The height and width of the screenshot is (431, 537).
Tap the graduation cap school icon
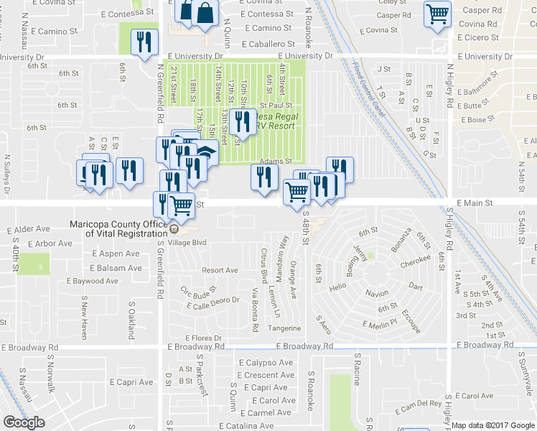[x=206, y=152]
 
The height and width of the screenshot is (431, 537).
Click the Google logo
[x=24, y=422]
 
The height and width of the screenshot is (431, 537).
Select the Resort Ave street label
[x=220, y=270]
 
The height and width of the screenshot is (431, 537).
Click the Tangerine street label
[x=284, y=328]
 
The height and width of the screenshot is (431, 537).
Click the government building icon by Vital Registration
[x=174, y=229]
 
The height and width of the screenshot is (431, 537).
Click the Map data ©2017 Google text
[x=493, y=425]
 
